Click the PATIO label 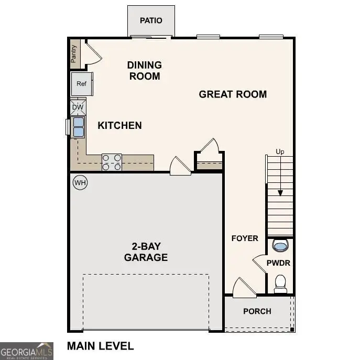[151, 20]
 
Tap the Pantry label [74, 53]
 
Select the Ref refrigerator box [81, 84]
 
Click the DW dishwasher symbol [78, 107]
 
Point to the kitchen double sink [78, 127]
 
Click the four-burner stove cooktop [111, 162]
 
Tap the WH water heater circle [80, 182]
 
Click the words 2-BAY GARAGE [146, 252]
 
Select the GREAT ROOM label [233, 94]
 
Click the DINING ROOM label [144, 70]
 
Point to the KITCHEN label [119, 125]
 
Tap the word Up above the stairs [280, 152]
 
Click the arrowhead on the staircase [280, 192]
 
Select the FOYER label [245, 238]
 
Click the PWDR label [278, 263]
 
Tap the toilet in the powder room [280, 284]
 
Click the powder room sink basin [280, 245]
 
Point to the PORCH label [257, 311]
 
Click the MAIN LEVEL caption [100, 346]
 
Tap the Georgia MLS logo [26, 351]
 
